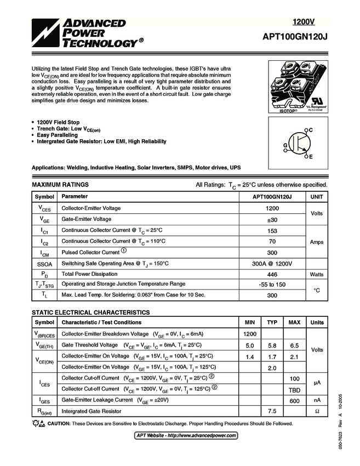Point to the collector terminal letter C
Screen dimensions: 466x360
(x=311, y=129)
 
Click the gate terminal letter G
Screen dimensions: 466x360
(x=285, y=145)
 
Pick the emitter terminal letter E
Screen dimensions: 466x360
(x=311, y=157)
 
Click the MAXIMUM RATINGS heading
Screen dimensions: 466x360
(x=60, y=185)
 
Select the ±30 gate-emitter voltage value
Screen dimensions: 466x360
(x=272, y=219)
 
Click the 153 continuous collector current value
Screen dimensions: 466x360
(x=272, y=231)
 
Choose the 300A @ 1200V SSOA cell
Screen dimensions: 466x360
(x=272, y=263)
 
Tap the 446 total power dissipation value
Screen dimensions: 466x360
(x=272, y=274)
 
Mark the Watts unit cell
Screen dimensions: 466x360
(x=317, y=274)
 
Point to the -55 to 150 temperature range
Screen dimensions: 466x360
(x=272, y=285)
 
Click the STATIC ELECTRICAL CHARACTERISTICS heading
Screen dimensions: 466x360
(x=91, y=312)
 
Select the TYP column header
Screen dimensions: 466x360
(x=272, y=322)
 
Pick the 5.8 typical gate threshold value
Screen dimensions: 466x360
(x=272, y=345)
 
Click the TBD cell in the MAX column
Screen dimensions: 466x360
(x=294, y=389)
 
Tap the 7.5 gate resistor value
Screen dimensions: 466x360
(x=272, y=411)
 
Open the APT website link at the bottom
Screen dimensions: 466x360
(x=186, y=435)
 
